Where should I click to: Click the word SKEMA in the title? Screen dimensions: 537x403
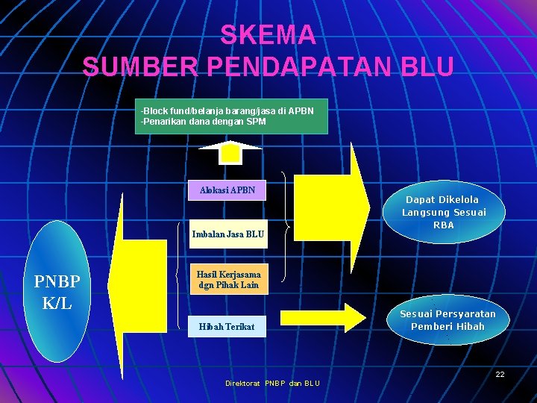pos(268,34)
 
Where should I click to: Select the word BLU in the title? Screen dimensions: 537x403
pos(427,66)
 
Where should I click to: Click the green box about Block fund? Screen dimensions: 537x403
pos(231,116)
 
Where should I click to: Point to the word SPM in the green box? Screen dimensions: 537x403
pos(256,121)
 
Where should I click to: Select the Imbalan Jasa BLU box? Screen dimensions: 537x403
pos(227,234)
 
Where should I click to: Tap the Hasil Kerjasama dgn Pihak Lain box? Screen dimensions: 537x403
pos(228,280)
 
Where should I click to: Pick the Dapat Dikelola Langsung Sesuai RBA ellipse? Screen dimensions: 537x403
pos(443,212)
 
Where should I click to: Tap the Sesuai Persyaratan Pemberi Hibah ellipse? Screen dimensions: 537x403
pos(447,320)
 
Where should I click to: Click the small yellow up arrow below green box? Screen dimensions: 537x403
pos(230,152)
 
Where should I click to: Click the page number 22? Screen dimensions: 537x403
pos(500,374)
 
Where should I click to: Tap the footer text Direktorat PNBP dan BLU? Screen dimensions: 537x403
pos(272,384)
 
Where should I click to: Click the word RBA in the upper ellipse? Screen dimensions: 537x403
pos(444,225)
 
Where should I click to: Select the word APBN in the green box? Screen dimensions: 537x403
pos(301,110)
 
